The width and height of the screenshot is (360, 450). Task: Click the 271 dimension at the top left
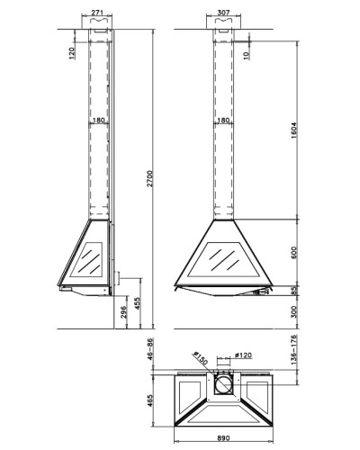pos(97,13)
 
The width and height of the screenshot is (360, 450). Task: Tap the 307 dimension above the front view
pos(223,13)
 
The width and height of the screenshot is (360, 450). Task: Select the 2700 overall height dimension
pos(149,178)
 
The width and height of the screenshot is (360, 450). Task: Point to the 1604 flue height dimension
pos(293,130)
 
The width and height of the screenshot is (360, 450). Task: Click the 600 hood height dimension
pos(293,253)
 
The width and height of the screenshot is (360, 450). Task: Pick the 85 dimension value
pos(293,291)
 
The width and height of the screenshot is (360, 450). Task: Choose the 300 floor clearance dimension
pos(293,312)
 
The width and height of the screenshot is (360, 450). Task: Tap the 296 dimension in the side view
pos(123,312)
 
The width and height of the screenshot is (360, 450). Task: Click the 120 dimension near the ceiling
pos(72,53)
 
